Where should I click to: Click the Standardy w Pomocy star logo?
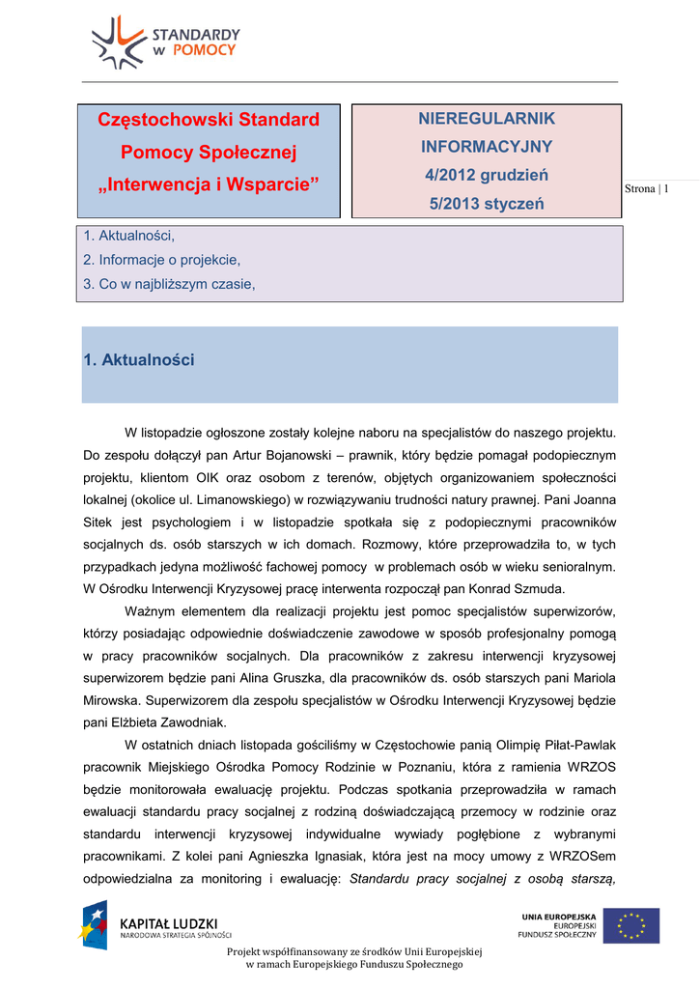(117, 42)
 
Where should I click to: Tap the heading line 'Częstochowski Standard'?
(209, 121)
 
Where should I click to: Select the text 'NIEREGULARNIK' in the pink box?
(487, 118)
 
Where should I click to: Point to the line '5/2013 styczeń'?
(487, 204)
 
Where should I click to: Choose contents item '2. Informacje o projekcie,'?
(162, 260)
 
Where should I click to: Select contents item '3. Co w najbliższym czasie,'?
(170, 284)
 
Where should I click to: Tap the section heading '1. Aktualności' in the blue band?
(139, 360)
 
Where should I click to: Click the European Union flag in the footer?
(631, 925)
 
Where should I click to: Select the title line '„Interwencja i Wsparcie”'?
(209, 184)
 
